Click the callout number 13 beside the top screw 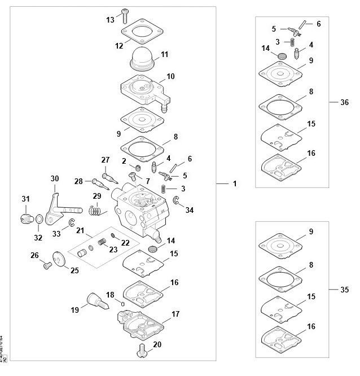(x=110, y=19)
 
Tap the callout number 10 (x=170, y=76)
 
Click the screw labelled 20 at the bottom (x=142, y=352)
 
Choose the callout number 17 (x=175, y=313)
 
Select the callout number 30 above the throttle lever (x=55, y=179)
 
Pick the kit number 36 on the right (x=345, y=103)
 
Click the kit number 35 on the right (x=345, y=289)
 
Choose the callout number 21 (x=80, y=230)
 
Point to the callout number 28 (x=78, y=181)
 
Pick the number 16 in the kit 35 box (x=311, y=326)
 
